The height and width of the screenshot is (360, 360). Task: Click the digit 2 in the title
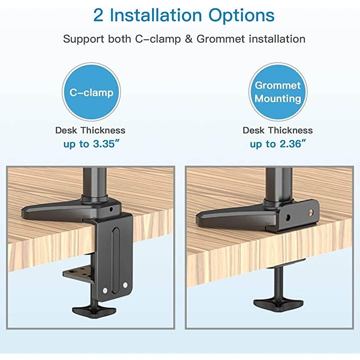click(x=98, y=15)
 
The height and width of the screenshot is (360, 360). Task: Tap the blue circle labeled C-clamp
click(x=91, y=93)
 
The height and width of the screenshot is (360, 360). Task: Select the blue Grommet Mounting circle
click(x=278, y=92)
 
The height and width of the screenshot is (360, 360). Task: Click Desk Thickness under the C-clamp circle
click(x=90, y=130)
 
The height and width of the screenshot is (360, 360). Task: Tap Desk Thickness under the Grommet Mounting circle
click(x=278, y=130)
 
